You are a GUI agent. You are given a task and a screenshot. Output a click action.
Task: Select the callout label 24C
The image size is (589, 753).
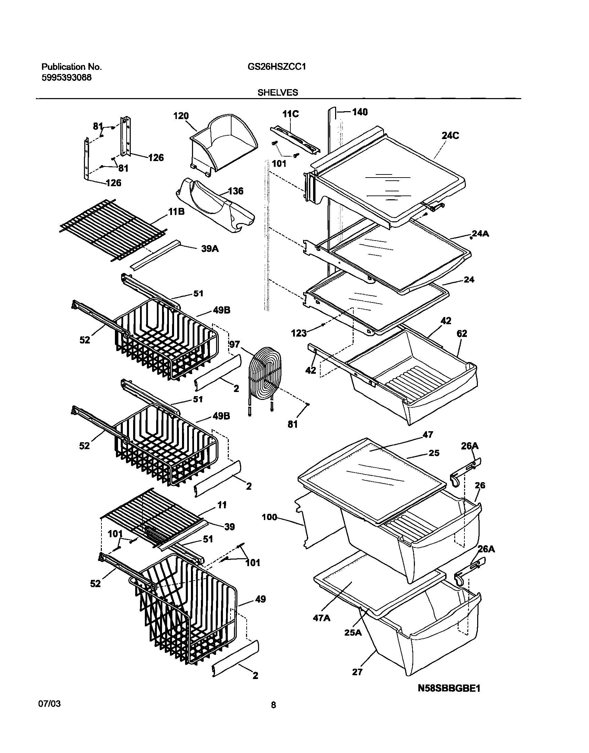(450, 136)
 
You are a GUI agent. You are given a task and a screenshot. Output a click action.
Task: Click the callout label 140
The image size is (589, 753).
(360, 112)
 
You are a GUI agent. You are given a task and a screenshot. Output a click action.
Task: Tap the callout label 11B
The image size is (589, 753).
(176, 211)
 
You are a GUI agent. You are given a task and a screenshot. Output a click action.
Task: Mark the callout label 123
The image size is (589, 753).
(299, 333)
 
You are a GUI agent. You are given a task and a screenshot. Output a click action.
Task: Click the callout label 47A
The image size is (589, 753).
(321, 618)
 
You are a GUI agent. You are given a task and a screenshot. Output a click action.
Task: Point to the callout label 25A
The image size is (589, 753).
(353, 632)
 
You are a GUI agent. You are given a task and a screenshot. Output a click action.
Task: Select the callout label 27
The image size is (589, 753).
(357, 671)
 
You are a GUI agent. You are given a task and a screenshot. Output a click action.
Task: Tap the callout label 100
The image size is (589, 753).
(269, 517)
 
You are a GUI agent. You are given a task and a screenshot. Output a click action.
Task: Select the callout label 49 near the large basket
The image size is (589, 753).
(260, 599)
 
